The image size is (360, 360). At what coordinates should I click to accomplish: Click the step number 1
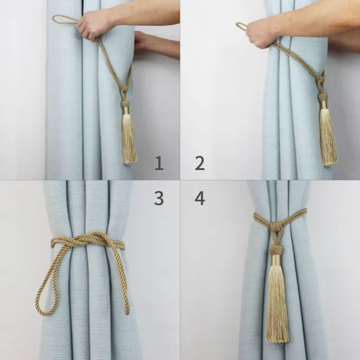(x=159, y=163)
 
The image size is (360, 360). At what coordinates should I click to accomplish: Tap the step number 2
(x=199, y=163)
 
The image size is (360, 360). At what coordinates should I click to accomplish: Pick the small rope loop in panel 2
(x=241, y=26)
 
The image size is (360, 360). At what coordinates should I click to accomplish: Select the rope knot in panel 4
(x=277, y=227)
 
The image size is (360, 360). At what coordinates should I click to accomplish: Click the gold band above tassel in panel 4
(x=277, y=260)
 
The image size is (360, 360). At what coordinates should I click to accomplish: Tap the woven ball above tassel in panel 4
(x=277, y=250)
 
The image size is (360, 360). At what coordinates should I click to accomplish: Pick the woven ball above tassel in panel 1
(x=125, y=104)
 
